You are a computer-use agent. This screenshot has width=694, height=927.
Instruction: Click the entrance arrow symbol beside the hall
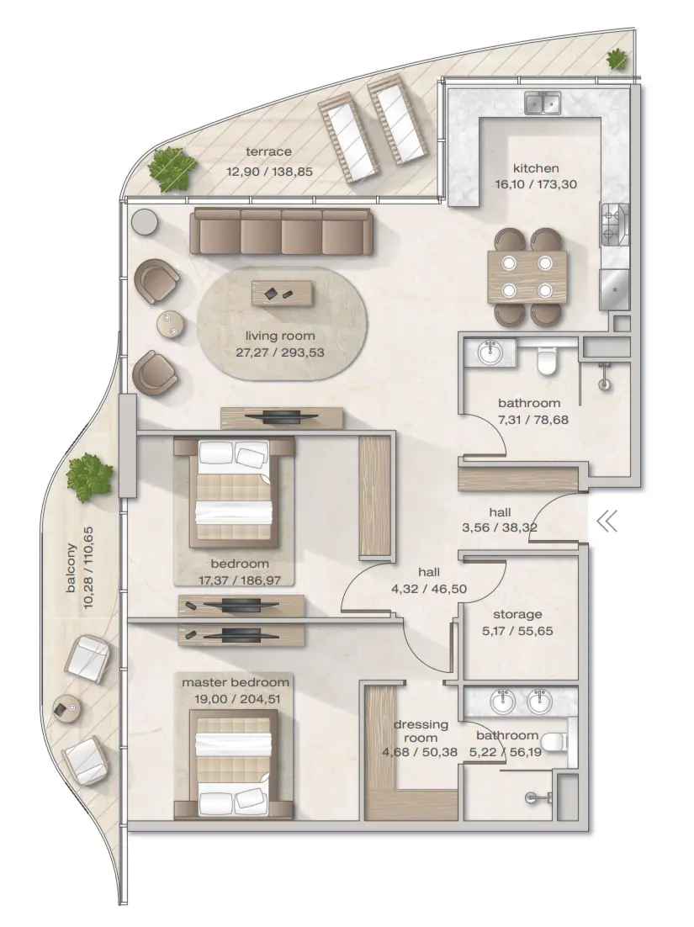coord(607,522)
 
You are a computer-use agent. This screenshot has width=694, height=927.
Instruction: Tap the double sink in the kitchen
coord(543,103)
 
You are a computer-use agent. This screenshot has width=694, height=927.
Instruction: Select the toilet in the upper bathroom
coord(546,360)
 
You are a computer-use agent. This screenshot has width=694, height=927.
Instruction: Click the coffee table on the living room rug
coord(282,294)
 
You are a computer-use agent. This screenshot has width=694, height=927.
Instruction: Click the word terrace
coord(268,152)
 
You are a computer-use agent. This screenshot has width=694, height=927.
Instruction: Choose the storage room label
coord(517,614)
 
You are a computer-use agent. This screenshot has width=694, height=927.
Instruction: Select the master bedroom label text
coord(236,682)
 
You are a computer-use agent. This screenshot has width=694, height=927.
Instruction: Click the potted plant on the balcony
coord(90,475)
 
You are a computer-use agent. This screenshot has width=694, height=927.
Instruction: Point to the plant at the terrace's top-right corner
coord(617,60)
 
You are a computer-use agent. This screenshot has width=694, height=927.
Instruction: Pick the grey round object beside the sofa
coord(145,221)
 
